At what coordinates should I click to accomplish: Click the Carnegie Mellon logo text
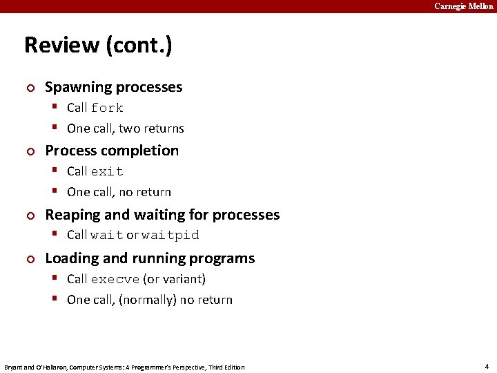click(463, 6)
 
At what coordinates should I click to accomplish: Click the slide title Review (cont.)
click(98, 46)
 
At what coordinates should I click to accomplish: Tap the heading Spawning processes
click(113, 87)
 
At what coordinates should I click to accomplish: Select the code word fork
click(107, 108)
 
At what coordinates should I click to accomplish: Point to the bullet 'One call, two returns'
click(125, 128)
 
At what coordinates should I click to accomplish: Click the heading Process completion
click(111, 151)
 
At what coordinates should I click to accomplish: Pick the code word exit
click(107, 172)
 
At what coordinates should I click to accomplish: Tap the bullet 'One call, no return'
click(119, 192)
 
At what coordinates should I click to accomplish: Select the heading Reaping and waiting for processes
click(162, 215)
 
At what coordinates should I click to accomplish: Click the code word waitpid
click(170, 236)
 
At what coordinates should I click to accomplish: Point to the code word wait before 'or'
click(107, 236)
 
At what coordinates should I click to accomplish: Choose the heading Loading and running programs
click(150, 258)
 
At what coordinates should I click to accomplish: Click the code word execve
click(115, 280)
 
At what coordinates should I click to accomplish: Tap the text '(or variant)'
click(174, 279)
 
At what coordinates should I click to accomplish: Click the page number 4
click(487, 366)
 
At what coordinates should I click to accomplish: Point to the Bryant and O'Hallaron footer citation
click(124, 367)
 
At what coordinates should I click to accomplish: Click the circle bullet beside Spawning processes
click(29, 88)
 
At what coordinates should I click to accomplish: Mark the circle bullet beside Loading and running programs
click(29, 259)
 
